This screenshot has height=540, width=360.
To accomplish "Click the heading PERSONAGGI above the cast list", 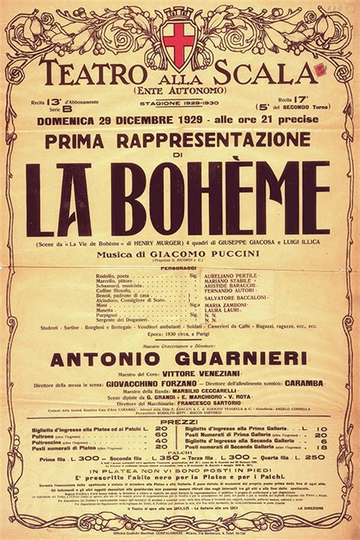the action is pyautogui.click(x=179, y=268).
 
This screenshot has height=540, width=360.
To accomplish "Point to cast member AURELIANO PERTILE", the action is pyautogui.click(x=235, y=276).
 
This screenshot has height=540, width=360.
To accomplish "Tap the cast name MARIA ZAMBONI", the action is pyautogui.click(x=232, y=305).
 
